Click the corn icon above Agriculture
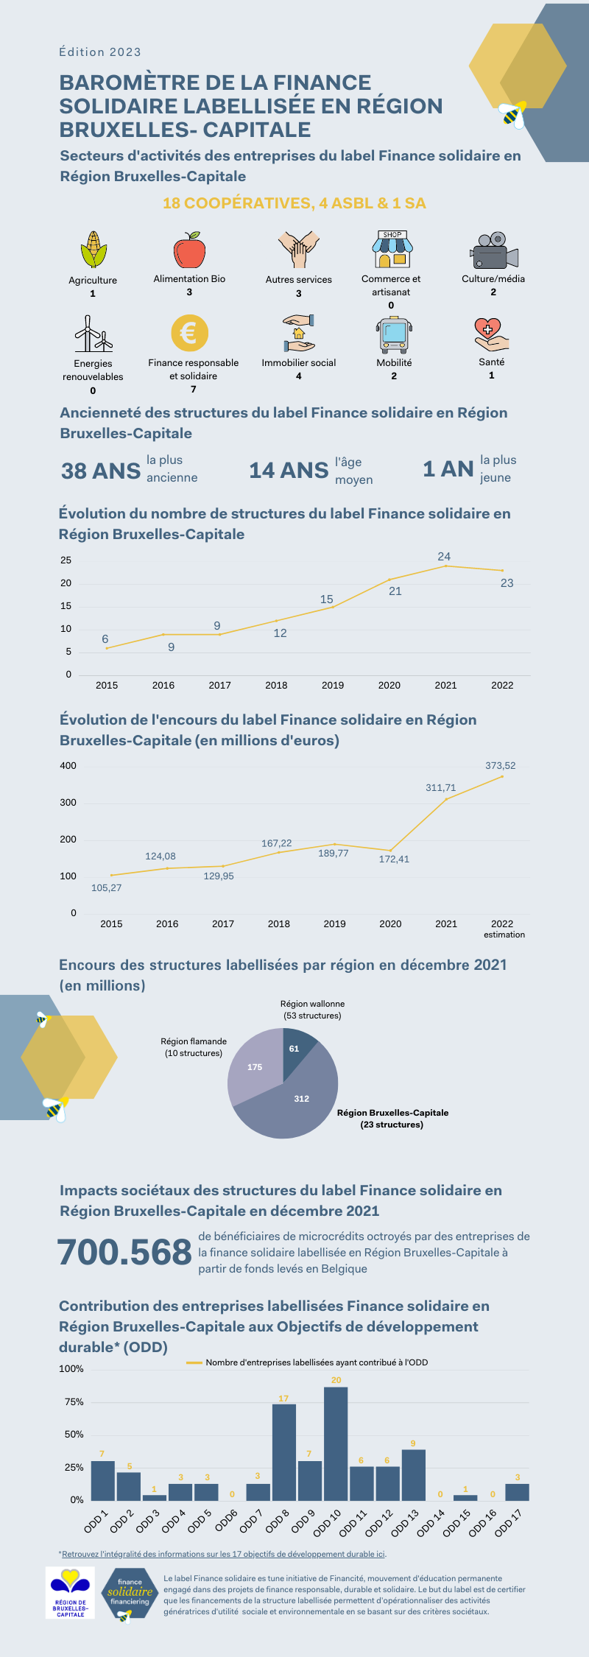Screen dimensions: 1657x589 [x=94, y=250]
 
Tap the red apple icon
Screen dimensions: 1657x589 [x=189, y=250]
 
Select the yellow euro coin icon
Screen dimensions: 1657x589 [x=189, y=334]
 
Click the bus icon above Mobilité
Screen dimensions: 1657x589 [x=394, y=335]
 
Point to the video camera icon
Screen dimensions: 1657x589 [x=493, y=252]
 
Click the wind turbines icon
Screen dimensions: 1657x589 [x=93, y=335]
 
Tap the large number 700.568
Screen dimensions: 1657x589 [x=124, y=1252]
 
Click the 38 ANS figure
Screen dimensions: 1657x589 [x=101, y=471]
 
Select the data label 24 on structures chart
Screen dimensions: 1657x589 [x=444, y=557]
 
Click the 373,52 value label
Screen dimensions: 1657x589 [x=500, y=766]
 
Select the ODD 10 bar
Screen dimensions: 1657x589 [x=336, y=1443]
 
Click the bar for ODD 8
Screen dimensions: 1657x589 [x=284, y=1452]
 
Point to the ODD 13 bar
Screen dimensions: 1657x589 [x=414, y=1475]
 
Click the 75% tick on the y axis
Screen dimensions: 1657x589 [x=74, y=1402]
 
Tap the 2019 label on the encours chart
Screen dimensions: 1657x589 [x=334, y=924]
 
